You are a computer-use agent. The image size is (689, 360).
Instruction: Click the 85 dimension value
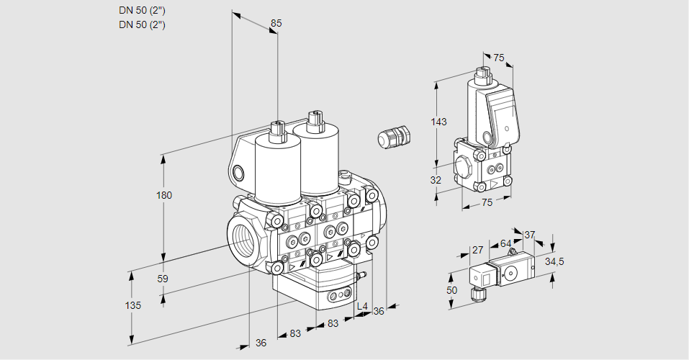click(x=276, y=23)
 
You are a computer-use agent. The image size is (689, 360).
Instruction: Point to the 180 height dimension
click(x=165, y=195)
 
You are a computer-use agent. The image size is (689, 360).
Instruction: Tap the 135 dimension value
click(x=132, y=305)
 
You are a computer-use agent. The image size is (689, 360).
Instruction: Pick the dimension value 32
click(x=436, y=180)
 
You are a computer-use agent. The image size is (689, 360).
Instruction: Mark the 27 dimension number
click(x=477, y=251)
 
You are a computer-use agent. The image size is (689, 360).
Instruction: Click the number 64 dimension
click(x=505, y=244)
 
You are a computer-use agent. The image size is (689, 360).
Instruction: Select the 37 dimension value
click(x=529, y=235)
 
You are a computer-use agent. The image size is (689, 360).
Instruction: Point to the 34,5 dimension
click(x=554, y=261)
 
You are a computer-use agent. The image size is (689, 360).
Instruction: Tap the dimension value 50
click(x=451, y=290)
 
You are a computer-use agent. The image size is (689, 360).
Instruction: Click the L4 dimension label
click(x=362, y=307)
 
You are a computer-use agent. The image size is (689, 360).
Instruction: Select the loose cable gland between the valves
click(x=393, y=137)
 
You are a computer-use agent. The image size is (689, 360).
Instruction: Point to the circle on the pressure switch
click(x=512, y=273)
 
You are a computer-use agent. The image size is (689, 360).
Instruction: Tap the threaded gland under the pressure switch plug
click(x=475, y=292)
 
